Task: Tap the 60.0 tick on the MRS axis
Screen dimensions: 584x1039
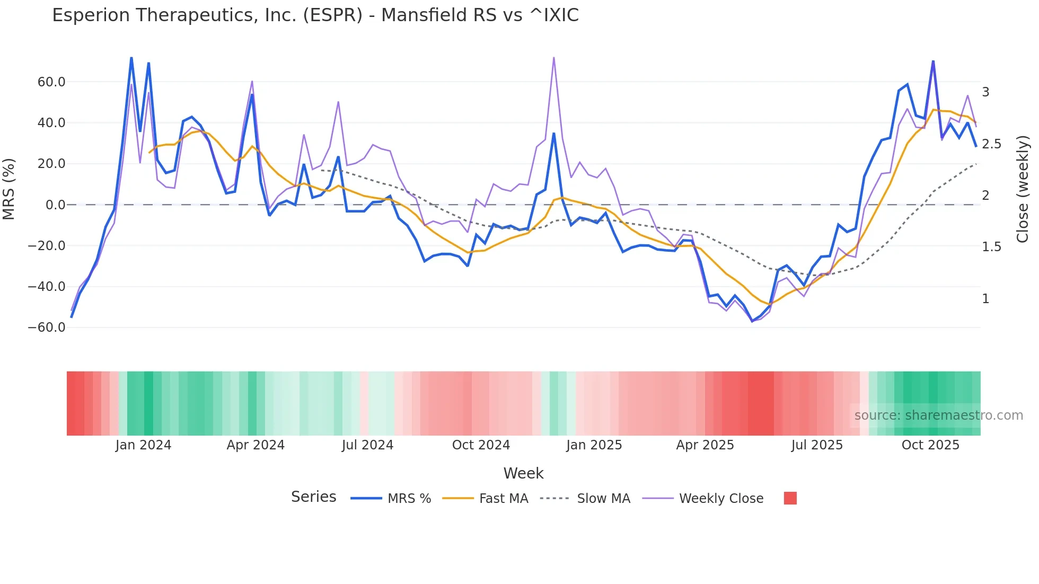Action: click(x=51, y=82)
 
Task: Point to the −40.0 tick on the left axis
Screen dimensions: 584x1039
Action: click(x=47, y=287)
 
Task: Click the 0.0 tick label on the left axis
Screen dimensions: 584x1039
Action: click(x=55, y=205)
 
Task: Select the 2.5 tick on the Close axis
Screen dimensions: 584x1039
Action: click(x=991, y=144)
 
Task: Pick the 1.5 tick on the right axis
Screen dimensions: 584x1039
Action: click(x=991, y=247)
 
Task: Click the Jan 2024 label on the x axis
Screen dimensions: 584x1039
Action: click(x=143, y=445)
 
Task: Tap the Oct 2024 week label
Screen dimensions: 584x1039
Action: click(x=481, y=445)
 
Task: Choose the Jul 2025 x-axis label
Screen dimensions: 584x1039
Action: click(x=817, y=445)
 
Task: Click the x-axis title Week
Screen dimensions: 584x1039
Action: click(x=523, y=473)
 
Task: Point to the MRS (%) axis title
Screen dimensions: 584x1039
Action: click(x=9, y=189)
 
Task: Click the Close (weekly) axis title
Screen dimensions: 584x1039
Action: click(x=1023, y=189)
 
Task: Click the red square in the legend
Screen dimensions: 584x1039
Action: click(x=790, y=498)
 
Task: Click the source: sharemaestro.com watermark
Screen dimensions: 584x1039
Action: click(x=938, y=415)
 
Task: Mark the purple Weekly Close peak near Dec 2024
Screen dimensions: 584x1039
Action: click(x=553, y=58)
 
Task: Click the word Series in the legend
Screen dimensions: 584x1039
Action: click(x=313, y=497)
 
